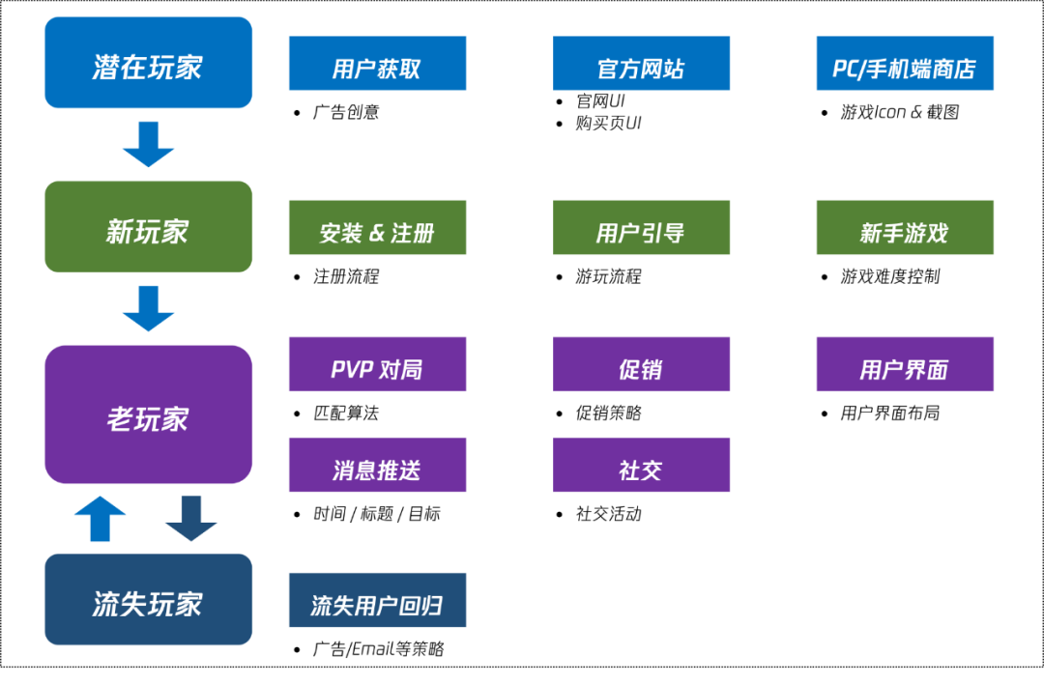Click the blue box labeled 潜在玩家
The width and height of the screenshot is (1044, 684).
(148, 63)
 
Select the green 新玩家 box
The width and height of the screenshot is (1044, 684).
(148, 227)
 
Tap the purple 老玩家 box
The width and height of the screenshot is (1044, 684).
(148, 414)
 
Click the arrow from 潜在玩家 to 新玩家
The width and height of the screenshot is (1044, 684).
(148, 144)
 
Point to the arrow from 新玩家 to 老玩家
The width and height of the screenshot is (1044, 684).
(148, 308)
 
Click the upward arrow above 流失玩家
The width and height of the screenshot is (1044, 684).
(101, 519)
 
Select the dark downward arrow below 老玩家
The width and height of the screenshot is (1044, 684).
(190, 519)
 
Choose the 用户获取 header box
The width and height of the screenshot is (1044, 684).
(377, 64)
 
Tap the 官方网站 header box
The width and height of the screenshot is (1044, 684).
(641, 64)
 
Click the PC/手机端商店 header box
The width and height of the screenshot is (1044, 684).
(904, 64)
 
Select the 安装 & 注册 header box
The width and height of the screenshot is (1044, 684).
(377, 228)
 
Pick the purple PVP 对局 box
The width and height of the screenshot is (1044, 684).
(377, 364)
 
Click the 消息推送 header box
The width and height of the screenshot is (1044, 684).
(377, 465)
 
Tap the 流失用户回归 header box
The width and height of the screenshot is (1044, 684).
(377, 600)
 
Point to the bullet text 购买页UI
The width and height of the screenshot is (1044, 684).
(608, 123)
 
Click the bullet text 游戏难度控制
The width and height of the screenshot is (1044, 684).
(889, 276)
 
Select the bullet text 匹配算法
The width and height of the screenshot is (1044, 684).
(346, 413)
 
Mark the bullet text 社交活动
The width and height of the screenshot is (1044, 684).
(608, 513)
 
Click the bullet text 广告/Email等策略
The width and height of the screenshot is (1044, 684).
(378, 648)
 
